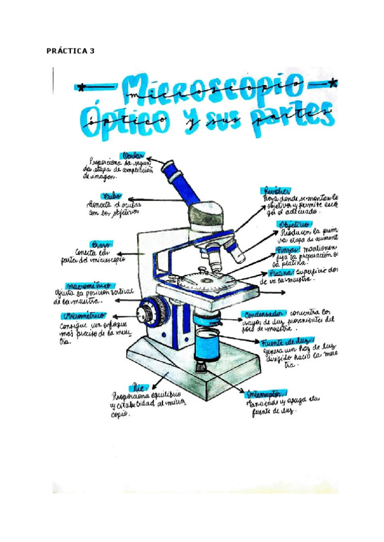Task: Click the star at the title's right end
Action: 332,82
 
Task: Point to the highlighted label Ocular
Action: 132,155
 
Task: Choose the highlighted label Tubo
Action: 110,197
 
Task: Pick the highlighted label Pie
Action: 138,387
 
